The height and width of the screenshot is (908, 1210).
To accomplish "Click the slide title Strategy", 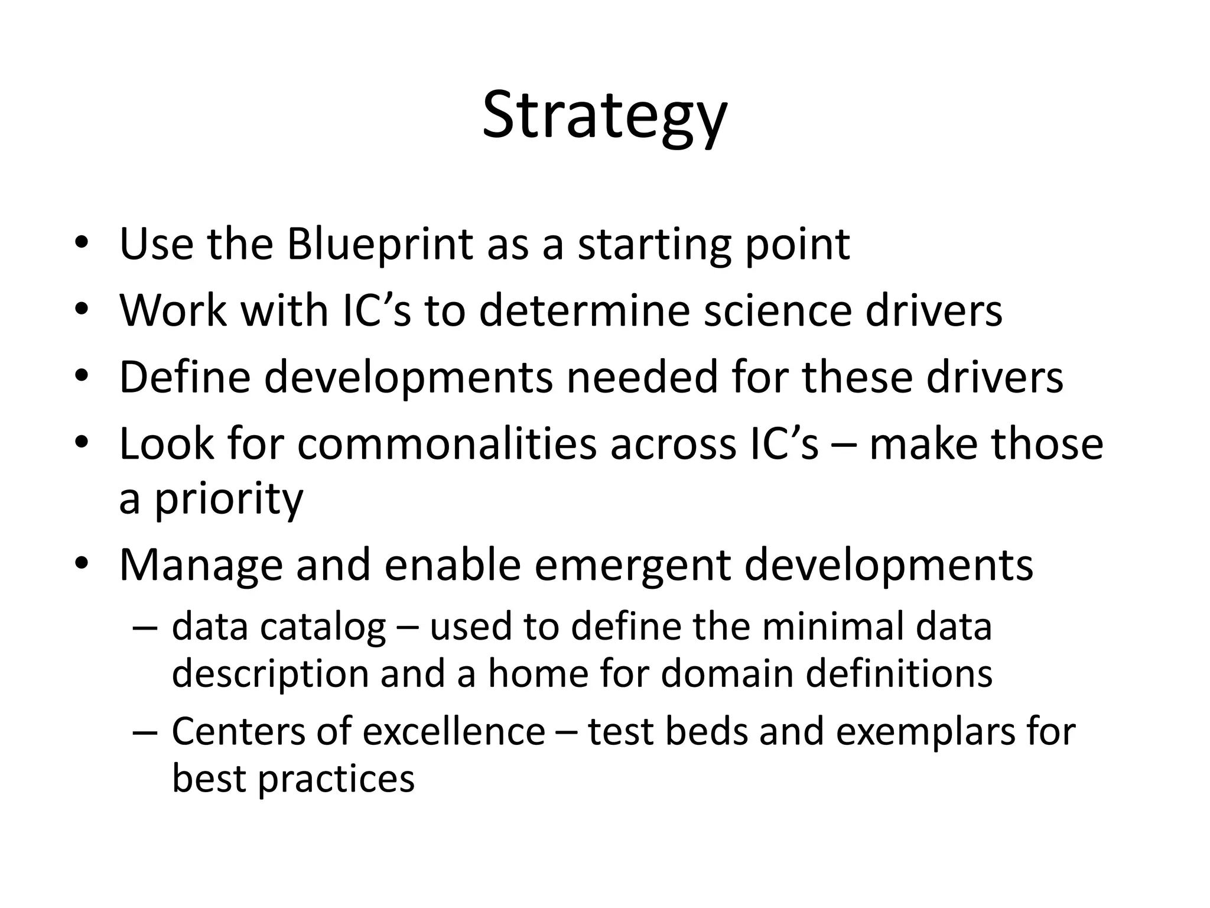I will [x=604, y=115].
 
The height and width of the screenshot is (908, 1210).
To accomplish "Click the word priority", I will [x=229, y=498].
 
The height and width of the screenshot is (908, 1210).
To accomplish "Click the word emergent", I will [x=632, y=566].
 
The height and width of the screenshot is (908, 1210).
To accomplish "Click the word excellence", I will [x=454, y=731].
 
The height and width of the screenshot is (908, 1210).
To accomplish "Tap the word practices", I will [x=336, y=779].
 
